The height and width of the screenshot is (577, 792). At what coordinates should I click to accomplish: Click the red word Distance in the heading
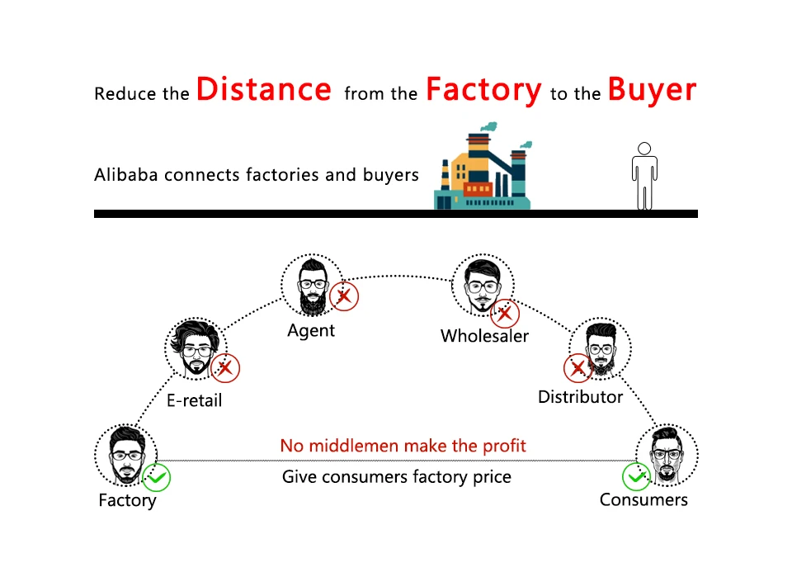[x=264, y=89]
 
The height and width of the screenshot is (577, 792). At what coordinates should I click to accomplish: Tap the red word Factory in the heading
[x=483, y=89]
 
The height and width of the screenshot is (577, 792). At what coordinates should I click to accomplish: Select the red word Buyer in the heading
[x=652, y=89]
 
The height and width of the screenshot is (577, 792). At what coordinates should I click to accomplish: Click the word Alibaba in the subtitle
[x=127, y=175]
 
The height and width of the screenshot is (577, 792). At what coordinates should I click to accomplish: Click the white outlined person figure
[x=644, y=175]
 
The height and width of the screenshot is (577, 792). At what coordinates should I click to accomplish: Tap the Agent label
[x=311, y=330]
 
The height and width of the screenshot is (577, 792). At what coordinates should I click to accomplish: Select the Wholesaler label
[x=484, y=336]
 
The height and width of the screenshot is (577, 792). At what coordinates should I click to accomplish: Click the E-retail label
[x=195, y=401]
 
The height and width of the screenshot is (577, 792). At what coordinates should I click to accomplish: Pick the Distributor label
[x=580, y=397]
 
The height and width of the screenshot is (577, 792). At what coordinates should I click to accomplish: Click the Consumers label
[x=643, y=499]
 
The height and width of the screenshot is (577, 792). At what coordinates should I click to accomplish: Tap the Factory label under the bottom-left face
[x=127, y=500]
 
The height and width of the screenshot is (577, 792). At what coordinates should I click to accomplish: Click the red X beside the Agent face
[x=344, y=296]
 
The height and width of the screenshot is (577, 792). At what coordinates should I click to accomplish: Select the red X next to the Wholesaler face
[x=504, y=313]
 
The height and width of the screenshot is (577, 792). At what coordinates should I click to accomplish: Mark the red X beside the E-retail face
[x=224, y=368]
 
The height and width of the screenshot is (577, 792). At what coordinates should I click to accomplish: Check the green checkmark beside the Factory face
[x=157, y=477]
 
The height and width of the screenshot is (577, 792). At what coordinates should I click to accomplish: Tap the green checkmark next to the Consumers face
[x=635, y=476]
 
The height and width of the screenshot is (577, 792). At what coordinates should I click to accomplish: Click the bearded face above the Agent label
[x=311, y=286]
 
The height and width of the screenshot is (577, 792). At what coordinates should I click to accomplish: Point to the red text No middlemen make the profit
[x=403, y=447]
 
